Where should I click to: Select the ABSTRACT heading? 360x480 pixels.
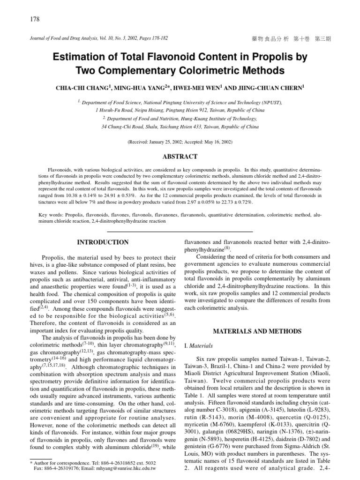(x=180, y=157)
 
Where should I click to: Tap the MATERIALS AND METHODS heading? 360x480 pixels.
(x=257, y=331)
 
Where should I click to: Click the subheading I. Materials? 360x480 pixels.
(x=200, y=346)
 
